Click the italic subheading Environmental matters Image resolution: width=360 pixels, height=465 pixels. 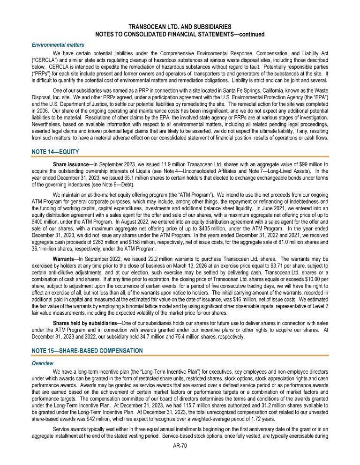58,45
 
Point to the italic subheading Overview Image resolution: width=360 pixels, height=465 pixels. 43,363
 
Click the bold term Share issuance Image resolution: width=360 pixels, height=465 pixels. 70,165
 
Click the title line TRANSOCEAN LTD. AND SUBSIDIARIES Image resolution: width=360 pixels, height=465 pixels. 180,28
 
